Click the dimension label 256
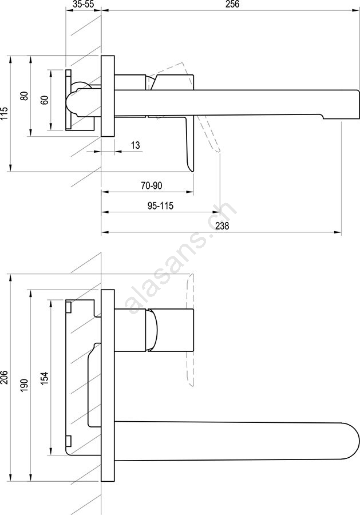click(232, 4)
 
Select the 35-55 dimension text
click(82, 4)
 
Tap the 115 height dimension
click(5, 113)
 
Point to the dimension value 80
click(24, 96)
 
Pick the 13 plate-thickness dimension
click(135, 145)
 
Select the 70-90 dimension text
click(152, 185)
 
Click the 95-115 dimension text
click(160, 206)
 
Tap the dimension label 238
click(222, 226)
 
